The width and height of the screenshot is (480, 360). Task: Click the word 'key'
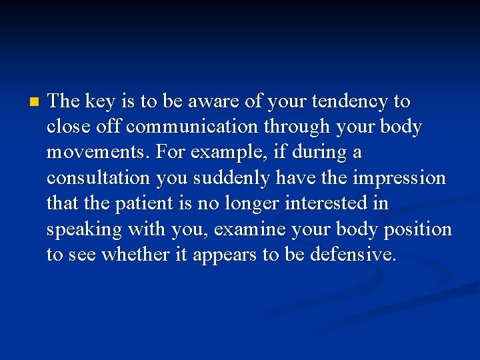(x=99, y=101)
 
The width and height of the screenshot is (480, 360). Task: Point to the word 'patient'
(x=143, y=204)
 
